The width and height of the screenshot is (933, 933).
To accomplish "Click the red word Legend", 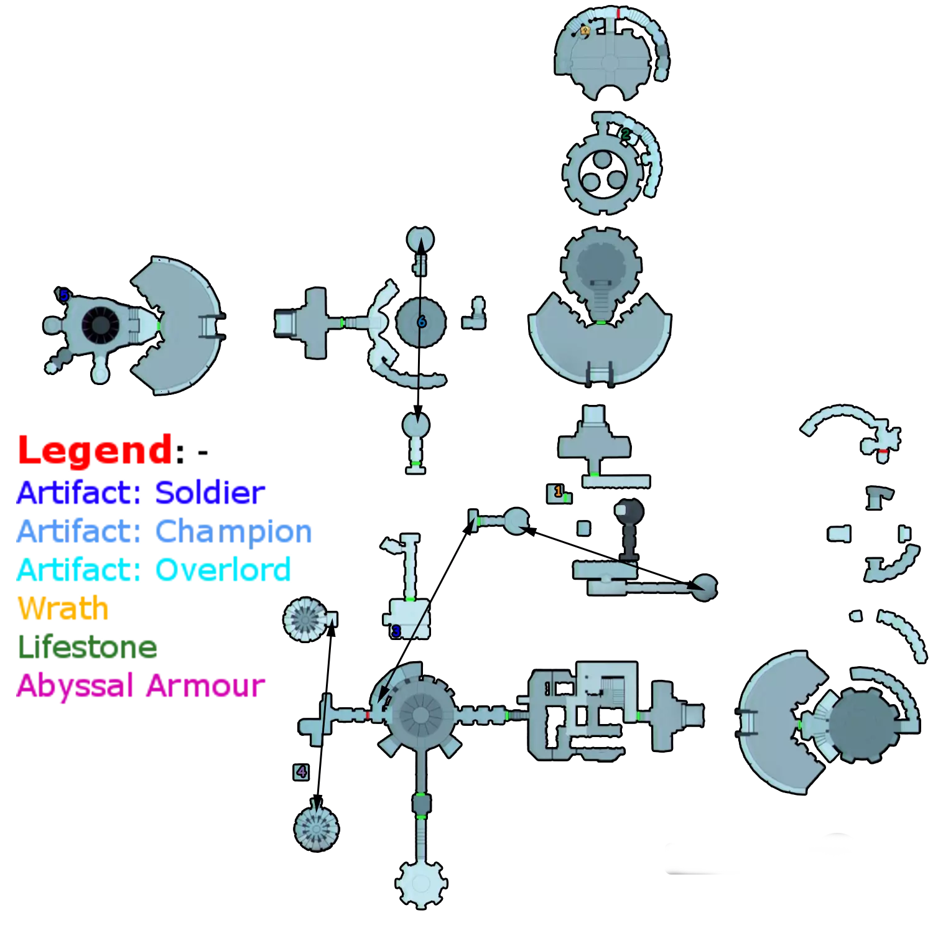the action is (x=95, y=450).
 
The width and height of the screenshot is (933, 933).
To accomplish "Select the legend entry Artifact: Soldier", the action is (x=141, y=493).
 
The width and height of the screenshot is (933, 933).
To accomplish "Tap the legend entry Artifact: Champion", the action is (x=164, y=531).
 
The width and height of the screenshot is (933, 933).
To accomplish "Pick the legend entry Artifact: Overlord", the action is (x=154, y=570).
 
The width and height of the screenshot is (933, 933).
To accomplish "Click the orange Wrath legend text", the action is (x=63, y=608).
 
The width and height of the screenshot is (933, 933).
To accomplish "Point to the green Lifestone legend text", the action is (x=88, y=647).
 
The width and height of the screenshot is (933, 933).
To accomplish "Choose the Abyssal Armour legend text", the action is (x=141, y=686).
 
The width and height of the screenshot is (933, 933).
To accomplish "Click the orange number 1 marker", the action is (x=558, y=491).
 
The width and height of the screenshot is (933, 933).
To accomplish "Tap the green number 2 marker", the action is (x=625, y=134).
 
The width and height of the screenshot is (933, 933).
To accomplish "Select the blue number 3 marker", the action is (x=396, y=632).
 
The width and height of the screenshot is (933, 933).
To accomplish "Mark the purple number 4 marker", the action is (x=302, y=772).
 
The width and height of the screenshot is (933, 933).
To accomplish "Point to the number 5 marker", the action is (x=63, y=295).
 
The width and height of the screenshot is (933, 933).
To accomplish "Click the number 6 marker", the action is (x=422, y=322).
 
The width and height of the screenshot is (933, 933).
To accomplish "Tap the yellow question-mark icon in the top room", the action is (x=585, y=30).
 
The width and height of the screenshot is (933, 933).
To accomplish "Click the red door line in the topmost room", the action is (x=618, y=12).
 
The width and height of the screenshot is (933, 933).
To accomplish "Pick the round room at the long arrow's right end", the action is (x=704, y=587).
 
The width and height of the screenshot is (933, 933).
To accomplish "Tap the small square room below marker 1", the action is (x=583, y=528).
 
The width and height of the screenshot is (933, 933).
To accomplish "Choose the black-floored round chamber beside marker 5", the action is (x=100, y=325).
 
